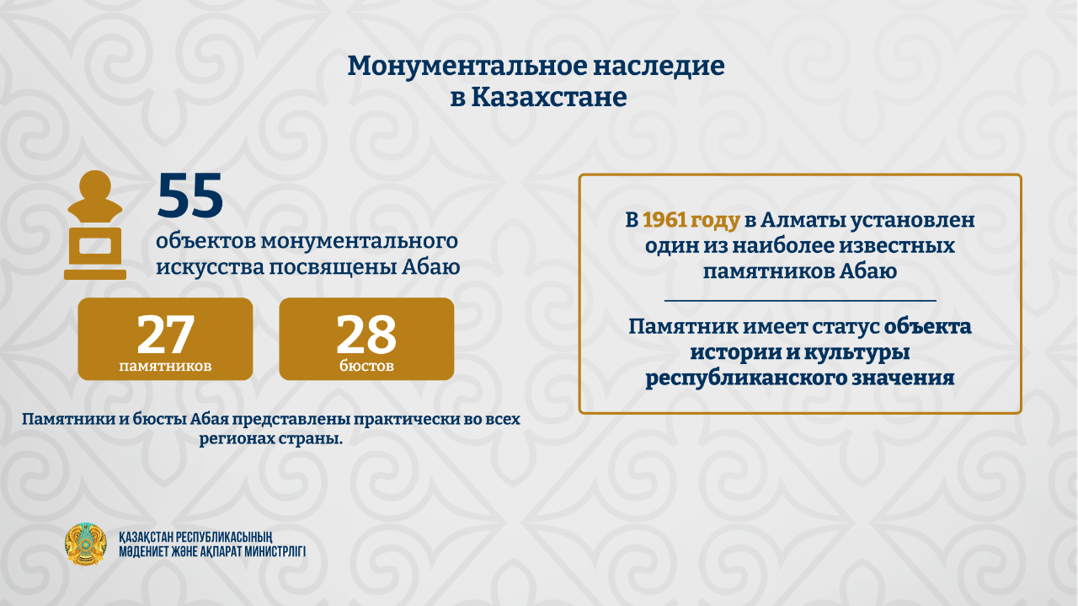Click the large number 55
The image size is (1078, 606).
pyautogui.click(x=190, y=196)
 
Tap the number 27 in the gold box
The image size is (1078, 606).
pyautogui.click(x=165, y=334)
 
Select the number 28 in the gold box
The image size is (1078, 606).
pyautogui.click(x=366, y=334)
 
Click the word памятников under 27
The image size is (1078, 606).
pyautogui.click(x=165, y=366)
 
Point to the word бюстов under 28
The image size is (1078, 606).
pyautogui.click(x=366, y=366)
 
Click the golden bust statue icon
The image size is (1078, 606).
pyautogui.click(x=95, y=225)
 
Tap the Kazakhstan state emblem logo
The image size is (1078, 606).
pyautogui.click(x=86, y=544)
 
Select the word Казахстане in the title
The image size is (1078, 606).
pyautogui.click(x=548, y=97)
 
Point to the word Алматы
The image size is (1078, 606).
pyautogui.click(x=803, y=220)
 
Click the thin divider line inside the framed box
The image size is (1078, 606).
pyautogui.click(x=800, y=301)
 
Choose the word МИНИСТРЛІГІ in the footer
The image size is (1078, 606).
pyautogui.click(x=275, y=551)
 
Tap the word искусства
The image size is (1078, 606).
pyautogui.click(x=210, y=267)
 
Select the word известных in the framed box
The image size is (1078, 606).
pyautogui.click(x=897, y=246)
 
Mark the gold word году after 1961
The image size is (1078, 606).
pyautogui.click(x=715, y=221)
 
